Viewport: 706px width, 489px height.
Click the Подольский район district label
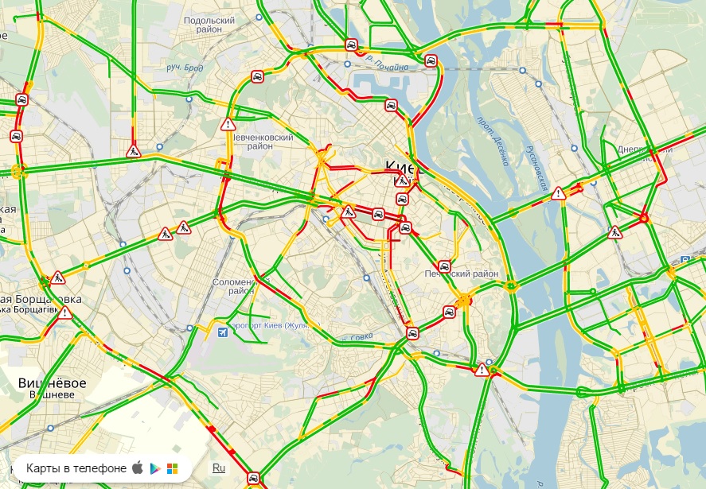[209, 25]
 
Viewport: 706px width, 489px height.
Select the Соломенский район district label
[234, 286]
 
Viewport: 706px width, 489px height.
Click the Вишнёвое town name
[52, 383]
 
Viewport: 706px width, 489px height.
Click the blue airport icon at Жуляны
[221, 332]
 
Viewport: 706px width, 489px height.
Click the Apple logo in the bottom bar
[138, 468]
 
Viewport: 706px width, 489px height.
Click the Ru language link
[218, 468]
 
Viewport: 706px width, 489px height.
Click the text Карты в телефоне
[76, 468]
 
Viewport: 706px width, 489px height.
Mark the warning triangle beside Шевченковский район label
[229, 124]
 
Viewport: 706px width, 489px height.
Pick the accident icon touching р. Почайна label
[351, 45]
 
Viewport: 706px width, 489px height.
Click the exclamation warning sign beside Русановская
[559, 192]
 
